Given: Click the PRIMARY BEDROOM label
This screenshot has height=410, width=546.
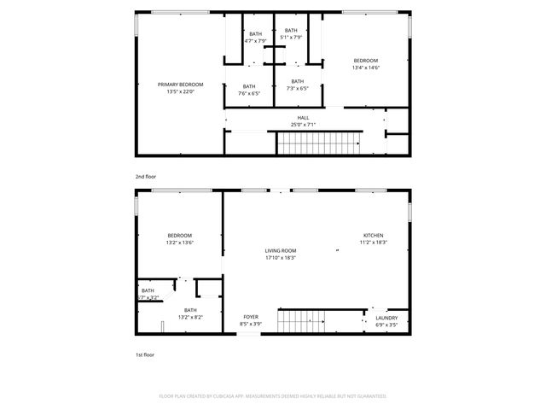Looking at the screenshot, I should [x=180, y=85].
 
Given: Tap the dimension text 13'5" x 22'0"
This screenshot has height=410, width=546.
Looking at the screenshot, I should [x=180, y=92].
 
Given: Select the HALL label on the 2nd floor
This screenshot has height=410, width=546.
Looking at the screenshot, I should [x=303, y=118].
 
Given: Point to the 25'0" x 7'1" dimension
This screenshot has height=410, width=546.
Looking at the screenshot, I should [x=303, y=126].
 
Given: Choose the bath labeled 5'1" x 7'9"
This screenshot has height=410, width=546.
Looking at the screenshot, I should [x=291, y=33].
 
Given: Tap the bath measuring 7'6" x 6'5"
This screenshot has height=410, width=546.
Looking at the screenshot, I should [x=248, y=90].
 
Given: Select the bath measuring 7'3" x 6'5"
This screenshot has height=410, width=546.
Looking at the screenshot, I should [x=297, y=85].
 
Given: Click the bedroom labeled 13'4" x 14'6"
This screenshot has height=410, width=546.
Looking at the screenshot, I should [x=366, y=64].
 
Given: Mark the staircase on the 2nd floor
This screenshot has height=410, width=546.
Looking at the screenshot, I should [x=320, y=144].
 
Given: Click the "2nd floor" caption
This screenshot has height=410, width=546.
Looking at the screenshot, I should [x=145, y=176].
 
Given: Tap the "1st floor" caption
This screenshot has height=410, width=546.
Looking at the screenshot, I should [x=145, y=354].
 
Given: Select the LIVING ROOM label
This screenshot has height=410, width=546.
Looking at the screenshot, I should [x=280, y=254].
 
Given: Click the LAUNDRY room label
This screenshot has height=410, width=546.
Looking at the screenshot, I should [x=386, y=321].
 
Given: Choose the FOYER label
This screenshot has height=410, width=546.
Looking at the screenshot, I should [x=251, y=319].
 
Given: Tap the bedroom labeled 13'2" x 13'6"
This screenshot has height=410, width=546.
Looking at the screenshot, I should [x=180, y=238].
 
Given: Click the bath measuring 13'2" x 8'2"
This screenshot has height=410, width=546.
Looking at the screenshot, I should [x=190, y=313].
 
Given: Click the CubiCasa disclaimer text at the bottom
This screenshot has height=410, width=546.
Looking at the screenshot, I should [x=273, y=396].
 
